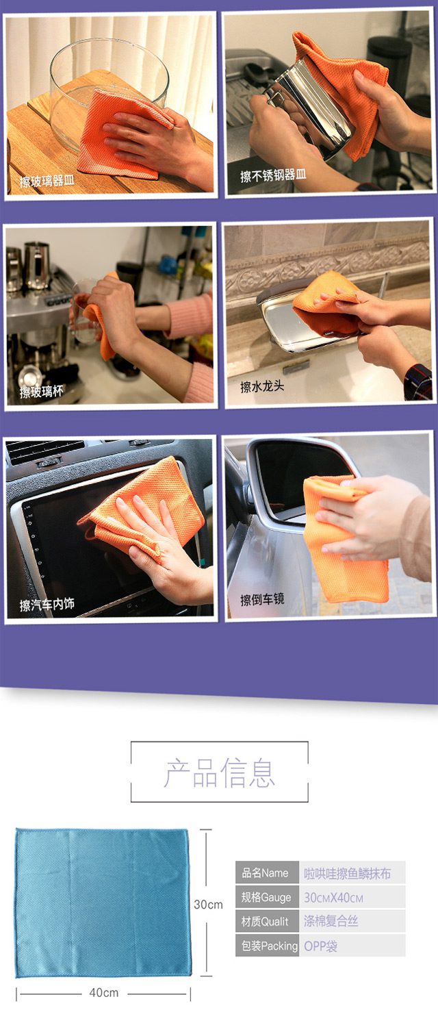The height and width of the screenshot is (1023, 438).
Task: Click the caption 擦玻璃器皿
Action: [47, 181]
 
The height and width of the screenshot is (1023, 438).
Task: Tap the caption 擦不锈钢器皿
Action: [273, 175]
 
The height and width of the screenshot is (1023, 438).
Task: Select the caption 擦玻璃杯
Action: [42, 392]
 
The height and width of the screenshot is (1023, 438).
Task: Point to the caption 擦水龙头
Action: [262, 387]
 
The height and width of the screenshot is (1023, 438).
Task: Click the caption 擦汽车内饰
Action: [47, 604]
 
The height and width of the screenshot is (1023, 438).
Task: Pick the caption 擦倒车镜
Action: [262, 599]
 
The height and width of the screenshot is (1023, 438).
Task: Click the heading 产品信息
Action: [220, 773]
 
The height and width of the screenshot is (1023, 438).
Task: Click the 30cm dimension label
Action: [209, 905]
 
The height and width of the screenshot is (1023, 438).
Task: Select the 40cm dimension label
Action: [104, 992]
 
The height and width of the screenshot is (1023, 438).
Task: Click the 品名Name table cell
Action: [267, 873]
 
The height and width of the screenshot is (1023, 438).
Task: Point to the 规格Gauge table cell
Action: [267, 897]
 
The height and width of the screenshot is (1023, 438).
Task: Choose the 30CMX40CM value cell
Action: [352, 897]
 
